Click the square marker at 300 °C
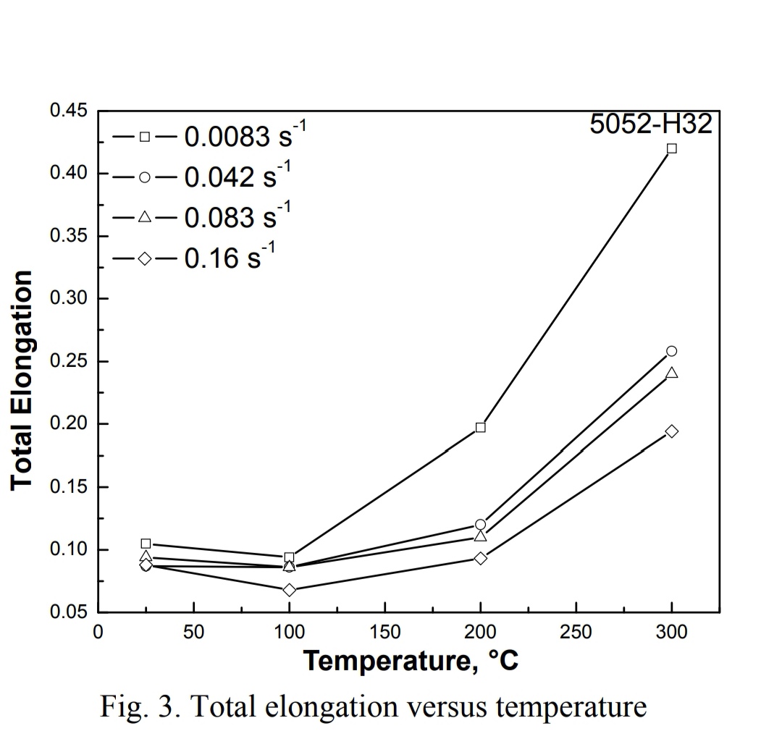point(671,148)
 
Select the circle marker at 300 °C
point(671,351)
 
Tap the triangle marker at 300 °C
point(671,373)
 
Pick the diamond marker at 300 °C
point(671,431)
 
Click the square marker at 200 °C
point(480,427)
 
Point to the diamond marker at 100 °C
point(289,590)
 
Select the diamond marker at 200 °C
point(480,558)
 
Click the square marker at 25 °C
point(146,543)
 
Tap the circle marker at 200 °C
point(480,524)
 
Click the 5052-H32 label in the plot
point(651,124)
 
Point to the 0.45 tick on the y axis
point(68,111)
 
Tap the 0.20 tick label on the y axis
point(68,424)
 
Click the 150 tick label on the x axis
point(384,633)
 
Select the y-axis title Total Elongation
point(22,380)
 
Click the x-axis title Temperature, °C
point(410,660)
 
